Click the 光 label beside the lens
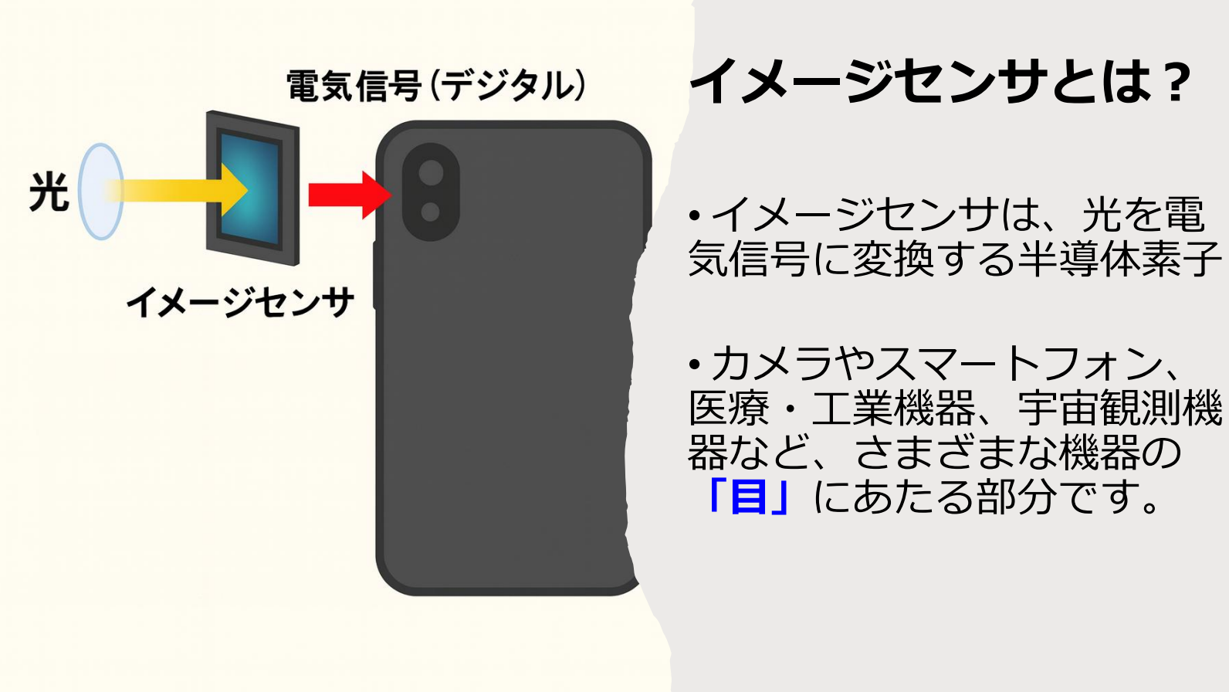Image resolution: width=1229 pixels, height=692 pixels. coord(49,192)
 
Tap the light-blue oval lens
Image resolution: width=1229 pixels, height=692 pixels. coord(101,192)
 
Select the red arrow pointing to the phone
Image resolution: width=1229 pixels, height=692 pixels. coord(350,195)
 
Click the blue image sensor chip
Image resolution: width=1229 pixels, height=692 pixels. coord(249,189)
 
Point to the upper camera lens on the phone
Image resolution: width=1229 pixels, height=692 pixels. coord(431,173)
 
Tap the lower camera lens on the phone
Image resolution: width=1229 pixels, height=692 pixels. coord(430,212)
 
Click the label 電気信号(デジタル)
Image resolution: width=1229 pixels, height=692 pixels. coord(436,86)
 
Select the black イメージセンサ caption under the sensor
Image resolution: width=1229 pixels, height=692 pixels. coord(240,303)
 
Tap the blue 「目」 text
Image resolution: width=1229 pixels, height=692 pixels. coord(749,497)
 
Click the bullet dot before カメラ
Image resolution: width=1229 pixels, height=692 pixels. coord(695,364)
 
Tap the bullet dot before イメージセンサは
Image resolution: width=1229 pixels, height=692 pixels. coord(695,215)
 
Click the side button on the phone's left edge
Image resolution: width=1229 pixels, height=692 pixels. coord(376,275)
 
